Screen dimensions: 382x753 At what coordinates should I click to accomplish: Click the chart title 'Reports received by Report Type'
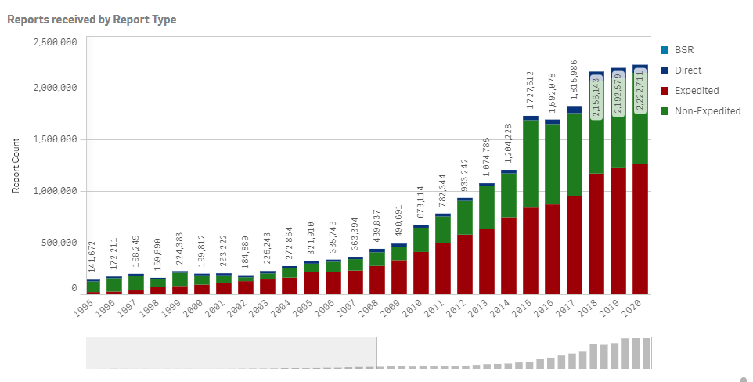pos(92,19)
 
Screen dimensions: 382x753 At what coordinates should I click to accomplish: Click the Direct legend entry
pos(688,70)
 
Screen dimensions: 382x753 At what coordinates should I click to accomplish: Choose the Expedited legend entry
pos(696,91)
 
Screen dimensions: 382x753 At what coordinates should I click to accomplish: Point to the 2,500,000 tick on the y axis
pos(55,41)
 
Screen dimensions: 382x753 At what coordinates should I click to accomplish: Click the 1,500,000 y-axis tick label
pos(55,139)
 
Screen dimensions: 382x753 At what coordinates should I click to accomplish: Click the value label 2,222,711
pos(640,92)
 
